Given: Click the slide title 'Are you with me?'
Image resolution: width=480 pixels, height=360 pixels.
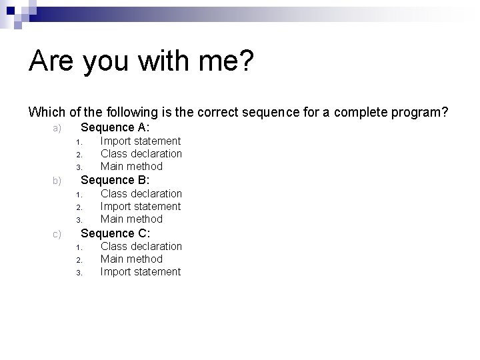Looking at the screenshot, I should pos(141,62).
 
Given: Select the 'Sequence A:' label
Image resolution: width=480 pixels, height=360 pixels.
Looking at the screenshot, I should pos(115,127).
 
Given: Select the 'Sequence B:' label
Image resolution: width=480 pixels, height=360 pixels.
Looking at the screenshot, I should pos(115,180).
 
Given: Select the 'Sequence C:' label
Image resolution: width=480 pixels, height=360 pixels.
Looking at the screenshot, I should pos(115,233).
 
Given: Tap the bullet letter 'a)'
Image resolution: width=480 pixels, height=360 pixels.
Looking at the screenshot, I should pos(57,128).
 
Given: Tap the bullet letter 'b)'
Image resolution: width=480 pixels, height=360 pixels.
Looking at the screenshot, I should pos(57,181).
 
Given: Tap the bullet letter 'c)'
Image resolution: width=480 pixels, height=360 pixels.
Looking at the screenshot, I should pos(57,234).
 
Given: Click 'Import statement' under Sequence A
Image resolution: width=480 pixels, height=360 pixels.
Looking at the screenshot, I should pos(140,141).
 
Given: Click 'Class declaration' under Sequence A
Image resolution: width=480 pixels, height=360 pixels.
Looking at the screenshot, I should pos(141,154).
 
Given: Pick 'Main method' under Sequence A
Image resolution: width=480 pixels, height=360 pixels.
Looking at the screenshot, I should pos(131,167).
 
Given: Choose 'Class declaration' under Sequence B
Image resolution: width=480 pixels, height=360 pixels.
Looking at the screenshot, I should pos(141,194).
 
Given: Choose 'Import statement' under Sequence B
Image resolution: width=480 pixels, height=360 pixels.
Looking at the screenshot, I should pos(140,207).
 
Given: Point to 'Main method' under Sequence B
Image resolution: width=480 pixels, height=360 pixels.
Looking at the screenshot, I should pos(131,219).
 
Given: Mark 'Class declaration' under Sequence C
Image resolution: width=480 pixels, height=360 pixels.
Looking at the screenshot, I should pos(141,247).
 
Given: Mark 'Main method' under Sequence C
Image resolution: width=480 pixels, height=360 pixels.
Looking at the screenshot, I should pos(131,259).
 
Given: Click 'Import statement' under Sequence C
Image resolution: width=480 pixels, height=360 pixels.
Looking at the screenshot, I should pos(140,272).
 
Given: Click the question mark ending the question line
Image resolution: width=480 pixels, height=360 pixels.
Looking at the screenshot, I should pos(445,112).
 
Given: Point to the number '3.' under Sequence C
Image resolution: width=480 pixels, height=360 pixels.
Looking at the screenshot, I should pos(78,273).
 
